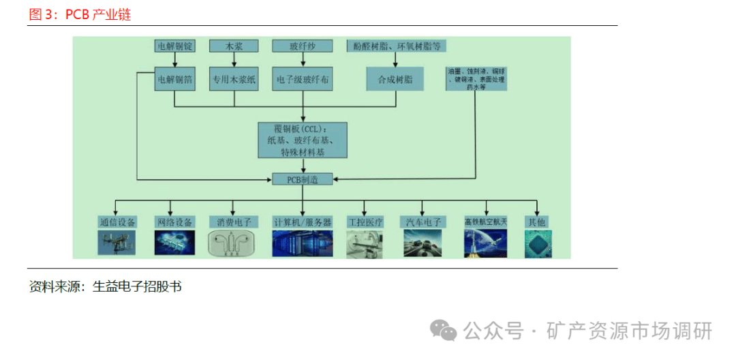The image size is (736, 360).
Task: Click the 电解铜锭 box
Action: (x=175, y=46)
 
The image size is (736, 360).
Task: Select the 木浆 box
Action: (x=234, y=46)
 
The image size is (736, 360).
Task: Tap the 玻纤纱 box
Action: (x=302, y=46)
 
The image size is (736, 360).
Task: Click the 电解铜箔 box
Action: (x=175, y=80)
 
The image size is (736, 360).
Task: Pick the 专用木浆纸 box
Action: (x=234, y=80)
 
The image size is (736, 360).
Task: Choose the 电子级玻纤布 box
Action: (x=302, y=80)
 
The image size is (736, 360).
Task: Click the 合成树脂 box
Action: (x=395, y=80)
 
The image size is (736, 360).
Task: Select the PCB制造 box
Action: (x=302, y=179)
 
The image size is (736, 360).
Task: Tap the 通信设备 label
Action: (x=117, y=222)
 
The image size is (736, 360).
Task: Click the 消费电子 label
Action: (x=234, y=222)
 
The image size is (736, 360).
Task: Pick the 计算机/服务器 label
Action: (x=302, y=222)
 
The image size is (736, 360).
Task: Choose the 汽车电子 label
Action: (x=425, y=222)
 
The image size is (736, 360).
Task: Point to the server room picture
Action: (x=302, y=243)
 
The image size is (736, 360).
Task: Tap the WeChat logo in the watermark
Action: (x=446, y=331)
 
